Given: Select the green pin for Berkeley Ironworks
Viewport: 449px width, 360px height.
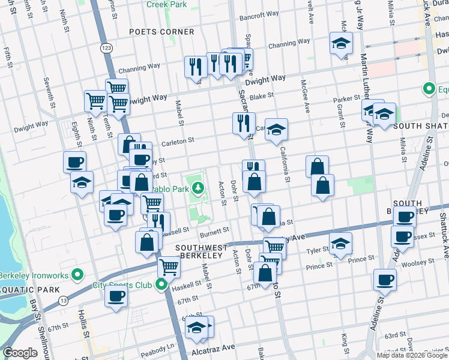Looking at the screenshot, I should click(x=77, y=275).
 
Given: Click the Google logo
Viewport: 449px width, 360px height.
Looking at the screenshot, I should click(x=20, y=353).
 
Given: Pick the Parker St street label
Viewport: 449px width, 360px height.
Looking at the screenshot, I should click(x=346, y=98).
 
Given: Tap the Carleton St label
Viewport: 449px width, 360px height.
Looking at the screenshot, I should click(x=178, y=142).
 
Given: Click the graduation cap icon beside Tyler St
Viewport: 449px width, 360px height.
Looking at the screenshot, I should click(x=340, y=244).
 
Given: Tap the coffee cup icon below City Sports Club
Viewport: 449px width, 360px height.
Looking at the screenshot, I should click(x=116, y=295).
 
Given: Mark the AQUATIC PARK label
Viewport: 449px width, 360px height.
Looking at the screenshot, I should click(x=29, y=290).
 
